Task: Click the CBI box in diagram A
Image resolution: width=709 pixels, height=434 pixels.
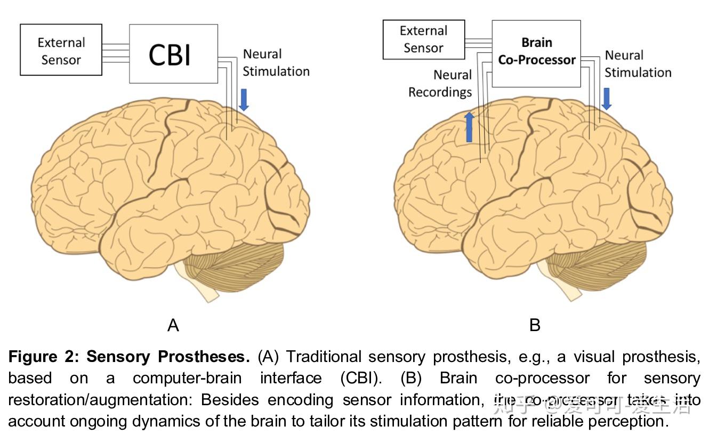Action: (x=173, y=54)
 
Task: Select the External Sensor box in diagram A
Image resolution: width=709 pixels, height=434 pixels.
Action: (x=61, y=50)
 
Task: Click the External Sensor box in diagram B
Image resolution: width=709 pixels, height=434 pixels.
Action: (x=424, y=39)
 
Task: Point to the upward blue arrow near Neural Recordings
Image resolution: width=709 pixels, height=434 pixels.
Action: (x=469, y=127)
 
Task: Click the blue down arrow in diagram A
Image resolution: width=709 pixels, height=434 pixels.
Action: (x=244, y=100)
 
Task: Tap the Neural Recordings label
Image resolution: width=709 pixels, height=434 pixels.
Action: (x=440, y=84)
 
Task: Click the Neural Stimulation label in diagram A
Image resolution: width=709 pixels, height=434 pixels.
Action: (x=276, y=63)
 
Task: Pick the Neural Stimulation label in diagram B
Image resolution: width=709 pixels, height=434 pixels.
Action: (x=637, y=64)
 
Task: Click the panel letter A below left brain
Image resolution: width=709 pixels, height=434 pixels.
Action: (x=173, y=325)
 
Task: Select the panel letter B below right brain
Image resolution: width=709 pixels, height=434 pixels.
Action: (x=535, y=325)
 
